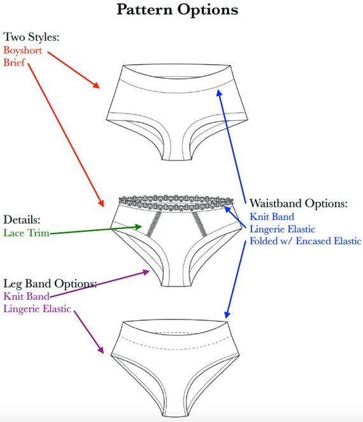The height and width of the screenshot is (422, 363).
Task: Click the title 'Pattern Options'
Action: (x=178, y=10)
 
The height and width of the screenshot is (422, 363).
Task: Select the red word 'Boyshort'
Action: (x=23, y=50)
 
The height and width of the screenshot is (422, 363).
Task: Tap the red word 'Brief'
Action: (x=14, y=62)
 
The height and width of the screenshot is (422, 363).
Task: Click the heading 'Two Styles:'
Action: (x=31, y=37)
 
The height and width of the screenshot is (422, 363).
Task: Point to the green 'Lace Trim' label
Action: (x=26, y=233)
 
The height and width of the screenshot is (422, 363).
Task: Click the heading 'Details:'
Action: (x=22, y=220)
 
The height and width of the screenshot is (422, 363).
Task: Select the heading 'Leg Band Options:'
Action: (x=50, y=283)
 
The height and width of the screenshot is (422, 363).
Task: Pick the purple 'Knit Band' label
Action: (x=26, y=297)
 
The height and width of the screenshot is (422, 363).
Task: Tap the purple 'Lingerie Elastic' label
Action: (x=37, y=309)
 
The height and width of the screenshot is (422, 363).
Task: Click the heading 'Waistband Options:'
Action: (x=299, y=203)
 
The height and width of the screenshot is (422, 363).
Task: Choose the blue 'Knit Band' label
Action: (x=272, y=216)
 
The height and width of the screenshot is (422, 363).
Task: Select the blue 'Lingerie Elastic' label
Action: (x=282, y=229)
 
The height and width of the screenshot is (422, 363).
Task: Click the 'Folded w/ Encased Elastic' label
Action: (x=305, y=241)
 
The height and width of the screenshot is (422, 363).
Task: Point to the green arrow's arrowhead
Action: (x=138, y=227)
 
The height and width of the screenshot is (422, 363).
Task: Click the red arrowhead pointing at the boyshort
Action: (x=96, y=85)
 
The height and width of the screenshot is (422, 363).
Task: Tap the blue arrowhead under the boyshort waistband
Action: (x=220, y=93)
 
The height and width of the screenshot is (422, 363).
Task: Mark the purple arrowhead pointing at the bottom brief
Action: (x=101, y=349)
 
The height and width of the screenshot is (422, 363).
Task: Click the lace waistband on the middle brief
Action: (x=176, y=202)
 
